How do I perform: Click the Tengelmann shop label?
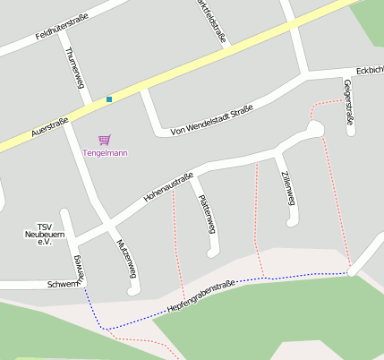[105, 153]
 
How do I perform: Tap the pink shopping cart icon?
[105, 140]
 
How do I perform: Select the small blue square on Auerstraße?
[109, 99]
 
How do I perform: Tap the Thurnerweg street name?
[73, 65]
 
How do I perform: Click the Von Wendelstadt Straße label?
[211, 120]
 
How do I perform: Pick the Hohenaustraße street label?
[169, 185]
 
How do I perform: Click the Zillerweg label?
[286, 189]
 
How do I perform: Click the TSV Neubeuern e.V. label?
[40, 235]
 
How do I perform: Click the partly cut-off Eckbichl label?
[369, 69]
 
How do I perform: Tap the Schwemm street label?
[64, 285]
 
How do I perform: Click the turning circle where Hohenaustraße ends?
[313, 131]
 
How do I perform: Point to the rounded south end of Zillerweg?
[292, 224]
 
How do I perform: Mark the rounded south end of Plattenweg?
[213, 253]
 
